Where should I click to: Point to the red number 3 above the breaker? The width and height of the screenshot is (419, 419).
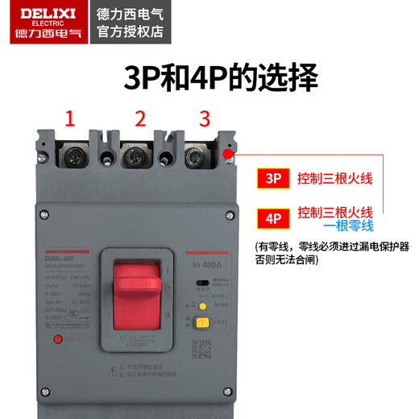tap(205, 119)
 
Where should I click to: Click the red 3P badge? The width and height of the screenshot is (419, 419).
tap(271, 177)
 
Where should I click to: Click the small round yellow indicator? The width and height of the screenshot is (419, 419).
tap(203, 306)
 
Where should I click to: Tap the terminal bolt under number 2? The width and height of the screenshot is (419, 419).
tap(135, 156)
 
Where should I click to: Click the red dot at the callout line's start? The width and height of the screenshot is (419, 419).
tap(229, 152)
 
